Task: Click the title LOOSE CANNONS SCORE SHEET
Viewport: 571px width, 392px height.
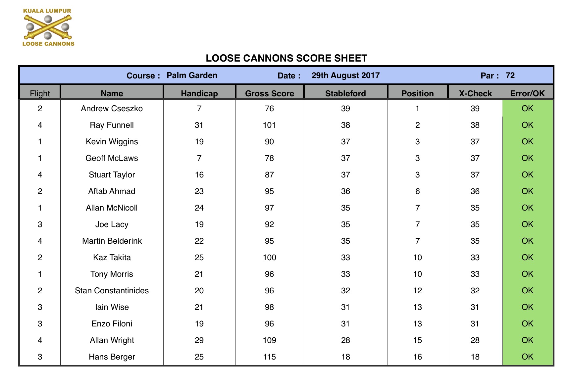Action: [286, 58]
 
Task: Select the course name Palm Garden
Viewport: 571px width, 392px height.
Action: [192, 75]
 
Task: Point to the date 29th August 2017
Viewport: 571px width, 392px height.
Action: [345, 75]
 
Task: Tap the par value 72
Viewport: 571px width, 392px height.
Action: [510, 75]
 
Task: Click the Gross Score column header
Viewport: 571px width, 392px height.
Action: [270, 93]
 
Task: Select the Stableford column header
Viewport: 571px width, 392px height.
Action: [345, 93]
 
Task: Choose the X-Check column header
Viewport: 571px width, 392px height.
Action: [475, 93]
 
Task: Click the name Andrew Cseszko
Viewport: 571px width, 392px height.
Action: [112, 109]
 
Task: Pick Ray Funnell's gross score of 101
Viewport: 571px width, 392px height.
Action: [269, 125]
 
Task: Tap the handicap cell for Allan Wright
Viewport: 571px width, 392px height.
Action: [199, 340]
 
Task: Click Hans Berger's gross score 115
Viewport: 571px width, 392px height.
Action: [269, 357]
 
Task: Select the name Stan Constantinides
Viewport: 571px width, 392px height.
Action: [112, 291]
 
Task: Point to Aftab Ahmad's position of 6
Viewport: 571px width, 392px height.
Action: [417, 191]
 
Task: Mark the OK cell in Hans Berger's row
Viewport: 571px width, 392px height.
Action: [527, 357]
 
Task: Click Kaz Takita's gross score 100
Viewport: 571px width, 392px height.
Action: [269, 258]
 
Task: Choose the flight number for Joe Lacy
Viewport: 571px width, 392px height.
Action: [40, 224]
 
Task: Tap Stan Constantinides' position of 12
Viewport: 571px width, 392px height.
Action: [417, 291]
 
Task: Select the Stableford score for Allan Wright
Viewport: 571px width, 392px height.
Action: [345, 340]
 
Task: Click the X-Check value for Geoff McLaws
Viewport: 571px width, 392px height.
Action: [475, 158]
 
